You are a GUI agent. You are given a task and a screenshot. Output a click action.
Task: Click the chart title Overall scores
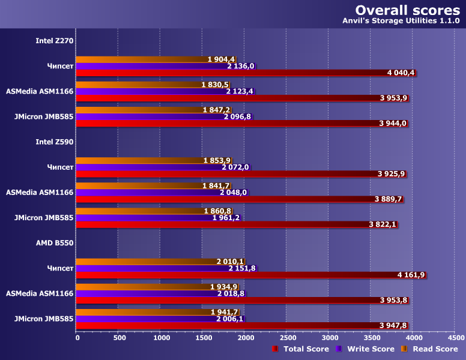[407, 10]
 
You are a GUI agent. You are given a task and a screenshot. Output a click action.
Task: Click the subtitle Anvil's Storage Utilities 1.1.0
[401, 22]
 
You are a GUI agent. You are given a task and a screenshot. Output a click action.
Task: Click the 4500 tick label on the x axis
[455, 338]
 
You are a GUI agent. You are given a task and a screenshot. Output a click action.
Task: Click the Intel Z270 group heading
[55, 41]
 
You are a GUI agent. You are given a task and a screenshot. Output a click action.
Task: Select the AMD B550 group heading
[55, 243]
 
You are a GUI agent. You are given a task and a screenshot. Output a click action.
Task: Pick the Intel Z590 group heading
[55, 142]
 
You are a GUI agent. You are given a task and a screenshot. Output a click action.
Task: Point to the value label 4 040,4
[401, 73]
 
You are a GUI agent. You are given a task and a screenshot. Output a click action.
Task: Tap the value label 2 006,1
[230, 319]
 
